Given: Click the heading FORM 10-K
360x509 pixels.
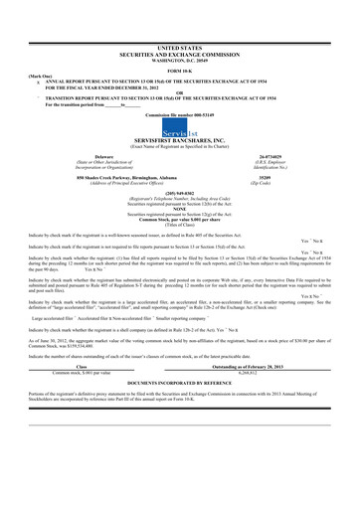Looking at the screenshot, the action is pos(180,67).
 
